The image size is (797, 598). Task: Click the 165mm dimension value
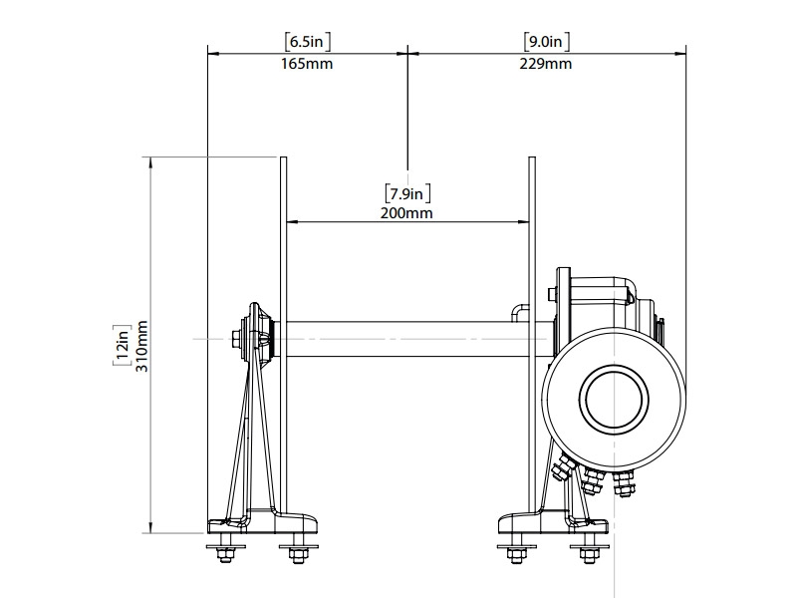pos(307,65)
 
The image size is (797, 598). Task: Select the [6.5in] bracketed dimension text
pos(307,42)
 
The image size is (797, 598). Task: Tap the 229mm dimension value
pos(547,65)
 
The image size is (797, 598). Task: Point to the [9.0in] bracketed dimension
pos(547,42)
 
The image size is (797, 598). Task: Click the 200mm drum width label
pos(406,212)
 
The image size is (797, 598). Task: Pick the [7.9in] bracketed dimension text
pos(406,190)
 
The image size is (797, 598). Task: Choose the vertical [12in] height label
pos(122,346)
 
